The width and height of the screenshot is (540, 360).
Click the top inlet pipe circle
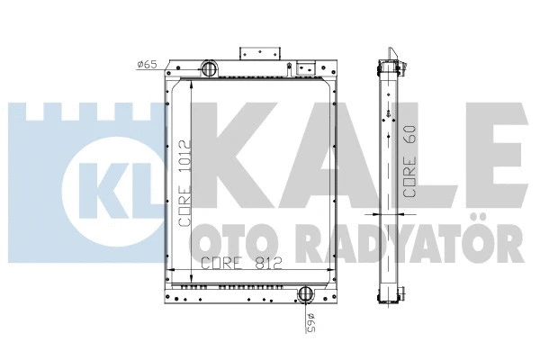pos(208,68)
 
